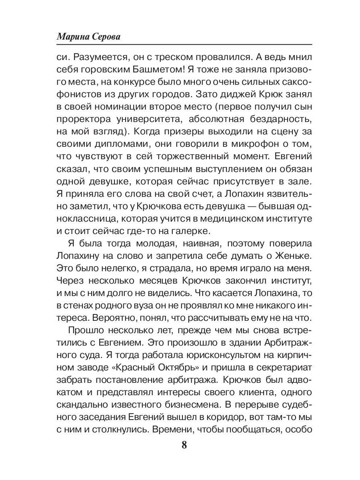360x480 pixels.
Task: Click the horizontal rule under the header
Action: tap(184, 44)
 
